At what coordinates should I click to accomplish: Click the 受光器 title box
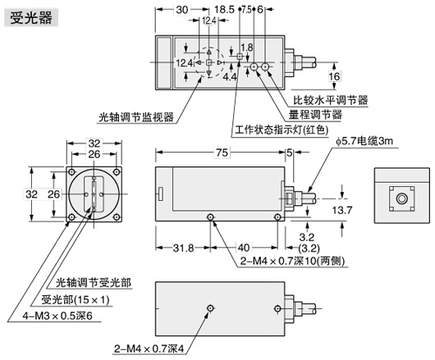pyautogui.click(x=31, y=18)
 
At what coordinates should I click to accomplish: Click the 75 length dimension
pyautogui.click(x=222, y=153)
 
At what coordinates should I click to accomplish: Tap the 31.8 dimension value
pyautogui.click(x=183, y=248)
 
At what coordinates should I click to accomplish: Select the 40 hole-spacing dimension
pyautogui.click(x=244, y=248)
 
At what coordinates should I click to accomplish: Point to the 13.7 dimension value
pyautogui.click(x=342, y=211)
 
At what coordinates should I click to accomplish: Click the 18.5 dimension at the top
pyautogui.click(x=224, y=10)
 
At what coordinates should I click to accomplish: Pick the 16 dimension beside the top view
pyautogui.click(x=334, y=76)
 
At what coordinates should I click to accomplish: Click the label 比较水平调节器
pyautogui.click(x=331, y=100)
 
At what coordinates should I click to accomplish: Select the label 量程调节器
pyautogui.click(x=315, y=115)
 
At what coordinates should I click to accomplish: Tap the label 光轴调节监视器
pyautogui.click(x=136, y=117)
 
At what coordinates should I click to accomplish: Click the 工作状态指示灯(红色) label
pyautogui.click(x=282, y=130)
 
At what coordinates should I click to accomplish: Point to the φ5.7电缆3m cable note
pyautogui.click(x=364, y=141)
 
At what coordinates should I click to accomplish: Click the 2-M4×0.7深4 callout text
pyautogui.click(x=149, y=349)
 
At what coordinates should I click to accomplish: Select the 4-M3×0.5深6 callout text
pyautogui.click(x=57, y=316)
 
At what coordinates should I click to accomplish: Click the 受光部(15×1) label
pyautogui.click(x=76, y=299)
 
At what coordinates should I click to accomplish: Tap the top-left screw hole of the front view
pyautogui.click(x=72, y=172)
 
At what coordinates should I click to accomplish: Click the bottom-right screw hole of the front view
pyautogui.click(x=117, y=217)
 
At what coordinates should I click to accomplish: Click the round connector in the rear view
pyautogui.click(x=401, y=198)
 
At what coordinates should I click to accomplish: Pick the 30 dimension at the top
pyautogui.click(x=182, y=10)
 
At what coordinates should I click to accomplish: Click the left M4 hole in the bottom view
pyautogui.click(x=211, y=308)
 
